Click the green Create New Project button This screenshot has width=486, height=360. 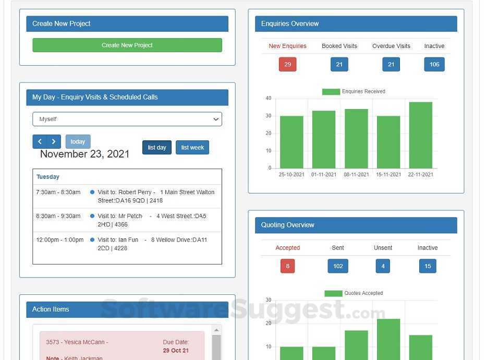pos(127,45)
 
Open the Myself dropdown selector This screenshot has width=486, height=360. pos(127,119)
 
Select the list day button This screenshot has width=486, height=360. pos(156,148)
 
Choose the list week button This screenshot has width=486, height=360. pos(192,148)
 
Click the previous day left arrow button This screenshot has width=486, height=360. pos(40,142)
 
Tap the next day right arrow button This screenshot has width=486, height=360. pos(54,142)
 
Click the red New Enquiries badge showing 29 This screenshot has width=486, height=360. pos(287,64)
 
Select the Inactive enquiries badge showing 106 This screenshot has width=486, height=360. pos(434,64)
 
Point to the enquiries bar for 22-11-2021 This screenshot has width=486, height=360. pos(420,135)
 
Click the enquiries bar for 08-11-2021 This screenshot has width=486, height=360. pos(356,139)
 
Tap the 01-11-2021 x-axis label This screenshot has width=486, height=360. pos(324,175)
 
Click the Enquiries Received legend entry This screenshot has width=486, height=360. pos(354,91)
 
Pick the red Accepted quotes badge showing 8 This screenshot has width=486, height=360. pos(287,266)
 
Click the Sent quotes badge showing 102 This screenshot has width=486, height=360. pos(337,266)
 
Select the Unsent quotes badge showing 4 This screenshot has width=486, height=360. pos(383,266)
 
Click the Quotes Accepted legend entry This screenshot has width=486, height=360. pos(354,293)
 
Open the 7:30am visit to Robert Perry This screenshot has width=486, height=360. pos(155,196)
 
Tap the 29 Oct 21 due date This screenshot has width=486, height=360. pos(176,351)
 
